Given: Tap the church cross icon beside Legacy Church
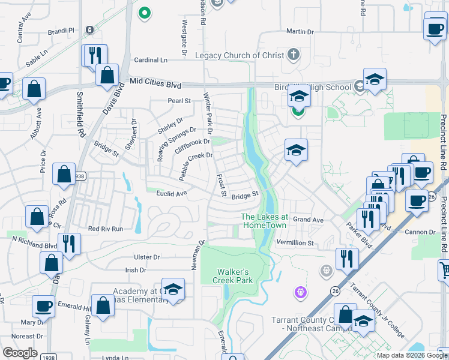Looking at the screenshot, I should [294, 55].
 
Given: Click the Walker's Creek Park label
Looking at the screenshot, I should [235, 275].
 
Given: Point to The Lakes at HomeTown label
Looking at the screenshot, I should [264, 220].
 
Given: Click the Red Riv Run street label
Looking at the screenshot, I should [105, 229].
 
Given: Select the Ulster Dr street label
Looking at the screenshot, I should [147, 257].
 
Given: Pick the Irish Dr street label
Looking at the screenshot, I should [135, 270].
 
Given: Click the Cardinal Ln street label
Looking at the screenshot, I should [151, 60].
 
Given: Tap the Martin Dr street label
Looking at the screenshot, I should [300, 31].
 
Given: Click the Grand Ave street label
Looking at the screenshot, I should [308, 220].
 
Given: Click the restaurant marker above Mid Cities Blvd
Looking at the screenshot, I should [95, 56].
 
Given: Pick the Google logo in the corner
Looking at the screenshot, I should [20, 352].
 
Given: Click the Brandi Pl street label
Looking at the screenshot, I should [62, 30].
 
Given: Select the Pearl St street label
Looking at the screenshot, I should [179, 101].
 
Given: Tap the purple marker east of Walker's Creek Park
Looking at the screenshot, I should [301, 292].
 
